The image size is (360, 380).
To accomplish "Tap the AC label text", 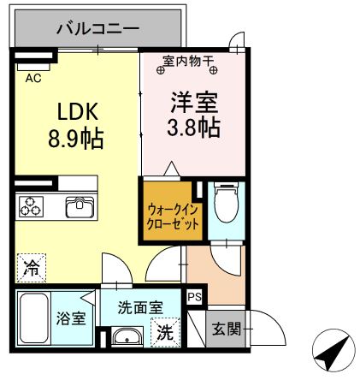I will [33, 78].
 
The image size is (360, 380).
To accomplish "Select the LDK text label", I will [79, 112].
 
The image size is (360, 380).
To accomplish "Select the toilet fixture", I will [226, 204].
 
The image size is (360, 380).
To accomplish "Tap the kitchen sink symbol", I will [80, 207].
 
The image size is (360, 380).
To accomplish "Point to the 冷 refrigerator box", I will [30, 268].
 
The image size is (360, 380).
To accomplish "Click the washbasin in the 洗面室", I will [127, 336].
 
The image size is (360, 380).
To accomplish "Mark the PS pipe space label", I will [195, 298].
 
